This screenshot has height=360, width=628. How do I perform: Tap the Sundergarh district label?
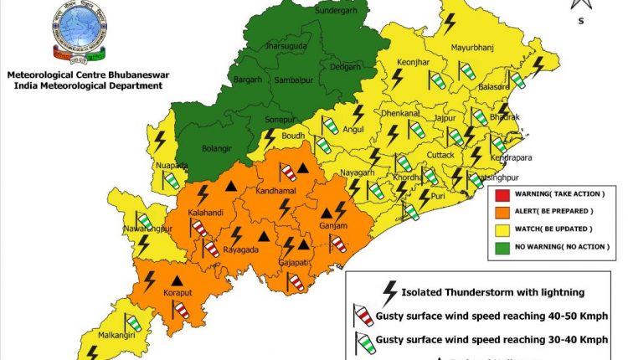336,11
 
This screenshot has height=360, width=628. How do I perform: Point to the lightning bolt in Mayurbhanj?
449,23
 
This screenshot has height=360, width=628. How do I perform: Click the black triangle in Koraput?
177,280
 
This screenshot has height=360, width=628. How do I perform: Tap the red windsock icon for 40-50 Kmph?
361,316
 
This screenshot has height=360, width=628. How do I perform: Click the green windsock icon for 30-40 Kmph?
361,340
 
